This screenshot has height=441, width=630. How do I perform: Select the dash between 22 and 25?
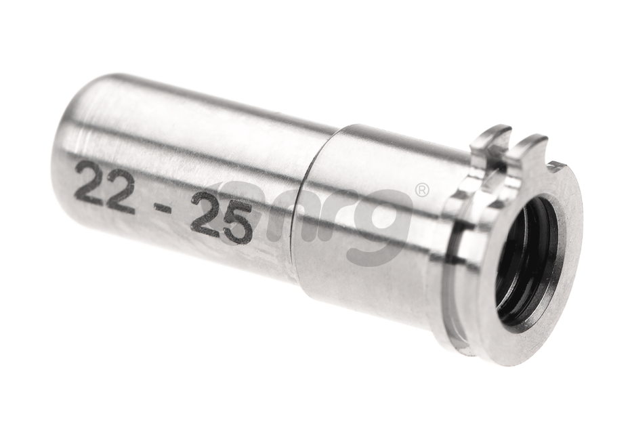162,207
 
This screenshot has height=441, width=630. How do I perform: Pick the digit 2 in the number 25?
205,213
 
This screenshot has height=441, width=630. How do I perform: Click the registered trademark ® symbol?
421,190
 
